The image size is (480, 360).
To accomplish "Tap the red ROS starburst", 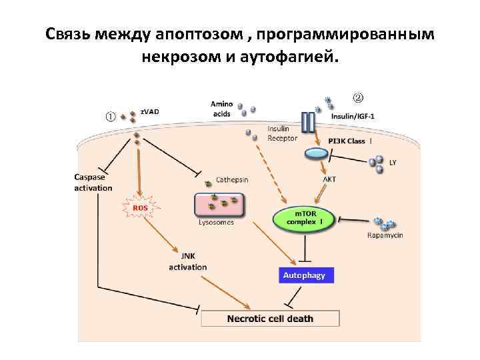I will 140,208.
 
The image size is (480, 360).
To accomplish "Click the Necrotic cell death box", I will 270,319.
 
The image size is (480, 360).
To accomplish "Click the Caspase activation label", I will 93,183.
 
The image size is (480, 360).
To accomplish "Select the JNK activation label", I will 187,261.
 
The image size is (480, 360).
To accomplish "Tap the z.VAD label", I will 150,111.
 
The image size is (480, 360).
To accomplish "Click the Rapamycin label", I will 385,235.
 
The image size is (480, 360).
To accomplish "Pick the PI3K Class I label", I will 351,141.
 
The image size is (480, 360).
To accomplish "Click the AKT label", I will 329,179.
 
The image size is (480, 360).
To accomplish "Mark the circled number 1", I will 111,116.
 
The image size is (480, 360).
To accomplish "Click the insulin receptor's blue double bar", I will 307,122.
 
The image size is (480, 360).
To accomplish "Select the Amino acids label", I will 221,109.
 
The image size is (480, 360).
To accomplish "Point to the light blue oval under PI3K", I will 316,153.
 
